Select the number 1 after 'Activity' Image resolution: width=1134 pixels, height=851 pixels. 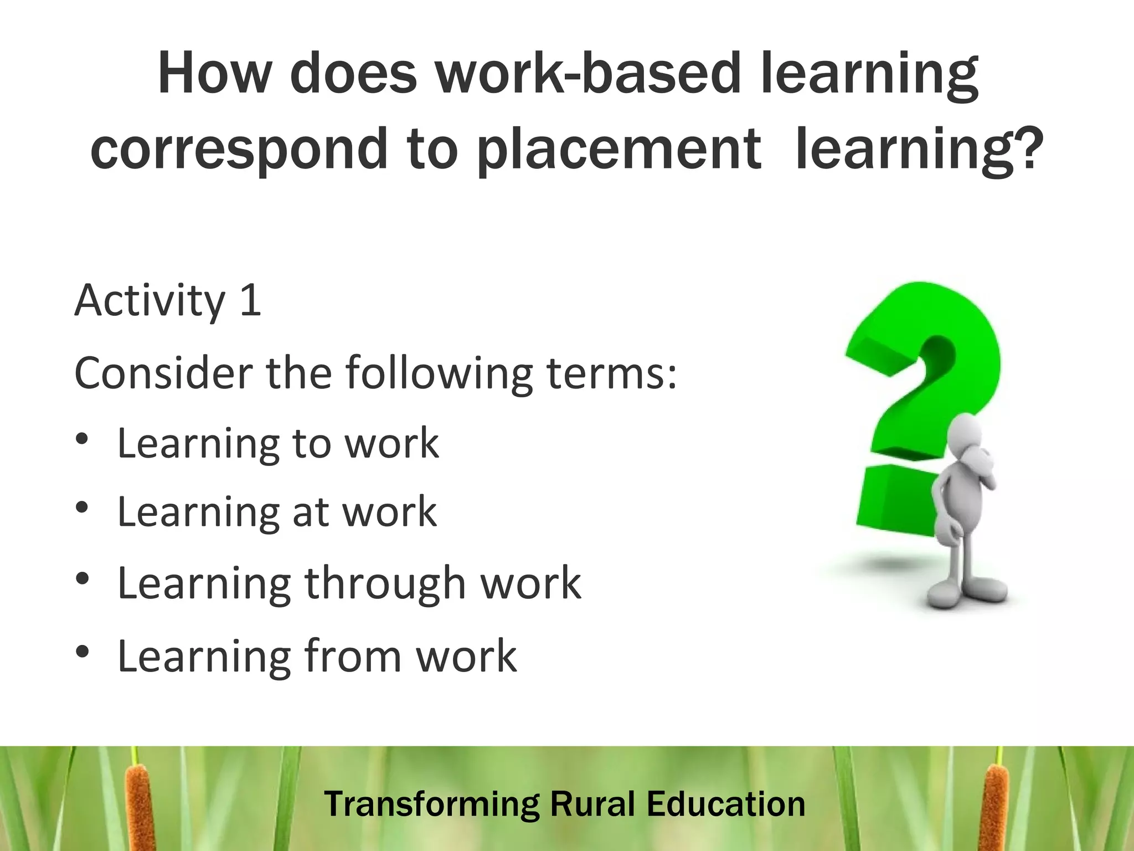(250, 300)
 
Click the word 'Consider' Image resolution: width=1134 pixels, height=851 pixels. (164, 373)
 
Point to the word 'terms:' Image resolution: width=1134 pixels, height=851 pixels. (611, 373)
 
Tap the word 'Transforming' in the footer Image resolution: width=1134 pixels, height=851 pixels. (432, 805)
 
